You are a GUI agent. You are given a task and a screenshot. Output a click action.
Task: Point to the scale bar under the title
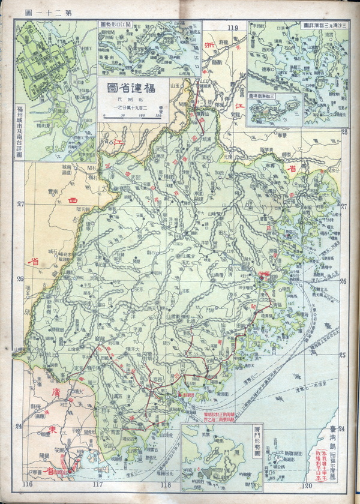tap(133, 116)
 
